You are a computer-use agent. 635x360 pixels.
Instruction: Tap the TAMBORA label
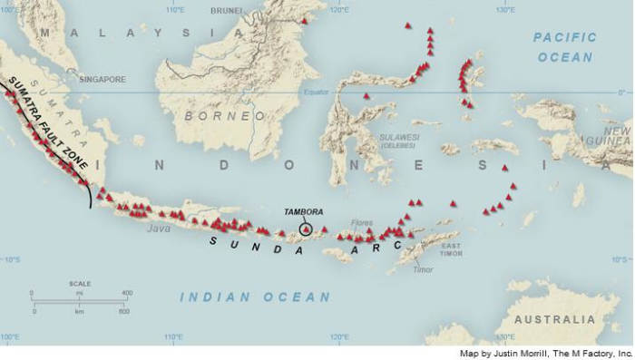pos(303,211)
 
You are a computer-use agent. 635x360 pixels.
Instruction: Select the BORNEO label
pos(225,117)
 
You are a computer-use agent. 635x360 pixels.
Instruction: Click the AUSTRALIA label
pos(554,319)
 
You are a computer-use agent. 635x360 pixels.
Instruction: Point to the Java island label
pos(159,229)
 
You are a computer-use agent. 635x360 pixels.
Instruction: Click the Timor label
pos(423,269)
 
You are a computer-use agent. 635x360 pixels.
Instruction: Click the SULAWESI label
pos(399,137)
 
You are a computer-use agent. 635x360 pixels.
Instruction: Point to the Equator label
pos(316,91)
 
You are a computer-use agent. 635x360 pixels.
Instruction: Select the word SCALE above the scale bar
pos(80,284)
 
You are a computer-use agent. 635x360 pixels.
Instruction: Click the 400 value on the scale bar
pos(126,293)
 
